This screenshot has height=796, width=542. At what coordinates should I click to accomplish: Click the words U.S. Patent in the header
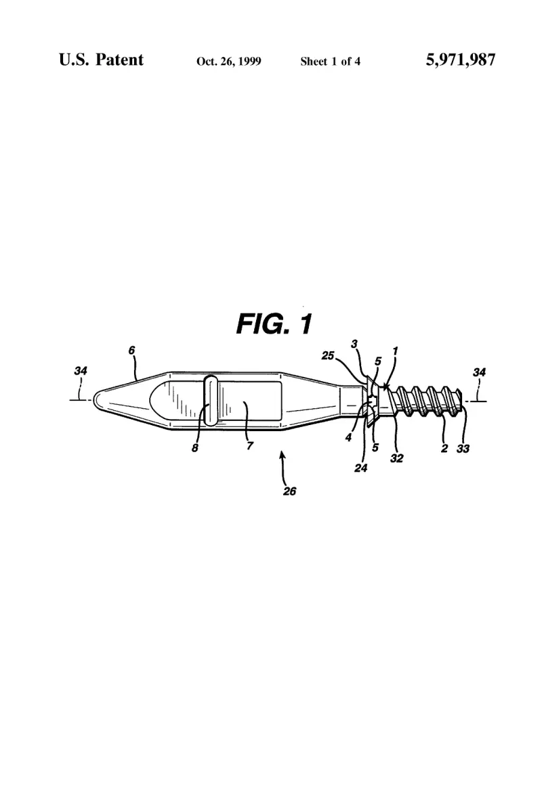pos(101,60)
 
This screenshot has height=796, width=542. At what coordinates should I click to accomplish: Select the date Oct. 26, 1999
pos(228,62)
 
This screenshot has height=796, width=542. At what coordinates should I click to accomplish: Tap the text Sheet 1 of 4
pos(330,62)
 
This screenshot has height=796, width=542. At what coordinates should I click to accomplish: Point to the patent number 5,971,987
pos(460,60)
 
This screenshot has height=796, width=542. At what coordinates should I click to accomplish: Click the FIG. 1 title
pos(274,324)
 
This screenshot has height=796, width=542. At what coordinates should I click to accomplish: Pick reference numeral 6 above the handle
pos(132,350)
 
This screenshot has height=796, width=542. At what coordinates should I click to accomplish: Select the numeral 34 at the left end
pos(81,371)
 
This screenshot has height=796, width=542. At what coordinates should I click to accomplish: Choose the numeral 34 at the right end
pos(479,372)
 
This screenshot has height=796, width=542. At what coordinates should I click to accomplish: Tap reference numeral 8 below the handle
pos(194,448)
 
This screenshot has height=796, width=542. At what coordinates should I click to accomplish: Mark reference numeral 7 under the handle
pos(249,445)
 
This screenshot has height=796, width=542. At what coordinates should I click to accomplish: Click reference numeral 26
pos(289,491)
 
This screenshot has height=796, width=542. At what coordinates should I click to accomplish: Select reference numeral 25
pos(328,355)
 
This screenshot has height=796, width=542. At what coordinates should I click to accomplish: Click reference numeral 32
pos(397,458)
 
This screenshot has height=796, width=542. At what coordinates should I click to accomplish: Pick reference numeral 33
pos(463,448)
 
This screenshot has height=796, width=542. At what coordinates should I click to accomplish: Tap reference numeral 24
pos(360,468)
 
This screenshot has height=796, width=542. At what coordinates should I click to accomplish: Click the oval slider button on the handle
pos(210,400)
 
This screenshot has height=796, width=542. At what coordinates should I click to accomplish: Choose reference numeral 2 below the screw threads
pos(444,448)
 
